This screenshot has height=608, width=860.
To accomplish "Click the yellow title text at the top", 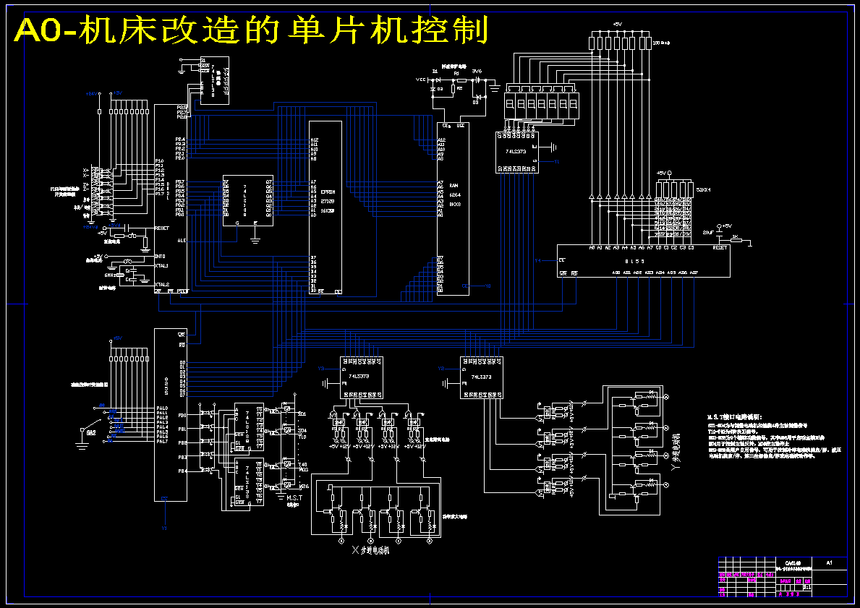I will click(x=250, y=31).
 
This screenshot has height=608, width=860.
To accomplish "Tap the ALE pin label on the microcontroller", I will click(x=181, y=241).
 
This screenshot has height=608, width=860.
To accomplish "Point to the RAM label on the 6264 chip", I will click(x=454, y=186).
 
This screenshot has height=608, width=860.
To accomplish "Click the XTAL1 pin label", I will click(x=162, y=266).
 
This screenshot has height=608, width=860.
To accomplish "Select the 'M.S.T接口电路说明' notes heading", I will click(x=734, y=417).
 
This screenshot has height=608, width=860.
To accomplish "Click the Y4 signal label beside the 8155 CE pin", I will click(x=537, y=260).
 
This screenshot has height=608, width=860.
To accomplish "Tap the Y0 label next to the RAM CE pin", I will click(x=488, y=286).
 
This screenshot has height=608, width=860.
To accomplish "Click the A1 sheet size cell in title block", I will click(x=829, y=562).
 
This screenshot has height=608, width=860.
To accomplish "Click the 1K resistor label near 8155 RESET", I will click(x=735, y=237).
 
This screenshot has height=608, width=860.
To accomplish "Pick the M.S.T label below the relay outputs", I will click(x=294, y=498).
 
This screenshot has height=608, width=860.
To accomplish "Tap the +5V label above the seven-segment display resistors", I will click(x=617, y=24).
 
